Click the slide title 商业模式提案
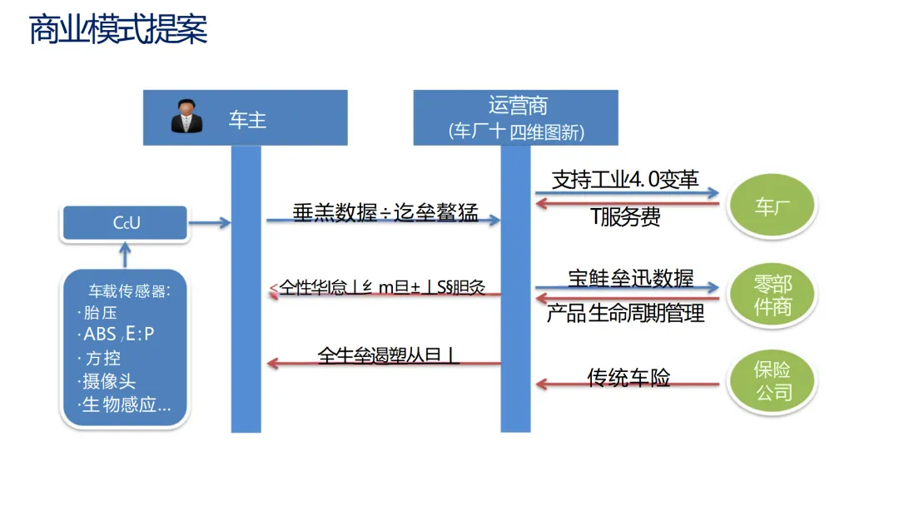[x=117, y=30]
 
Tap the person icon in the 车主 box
[x=186, y=117]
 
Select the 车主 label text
[x=247, y=119]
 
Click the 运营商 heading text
[x=518, y=107]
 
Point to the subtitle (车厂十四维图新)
[x=516, y=131]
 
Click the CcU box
[x=127, y=223]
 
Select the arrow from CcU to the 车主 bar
[x=211, y=223]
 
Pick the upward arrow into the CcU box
[x=126, y=253]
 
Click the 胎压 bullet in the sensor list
[x=103, y=313]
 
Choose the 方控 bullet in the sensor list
[x=103, y=359]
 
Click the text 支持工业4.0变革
[x=625, y=180]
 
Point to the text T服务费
[x=625, y=217]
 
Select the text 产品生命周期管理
[x=625, y=313]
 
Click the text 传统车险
[x=628, y=378]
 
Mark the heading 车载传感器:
[x=129, y=291]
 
